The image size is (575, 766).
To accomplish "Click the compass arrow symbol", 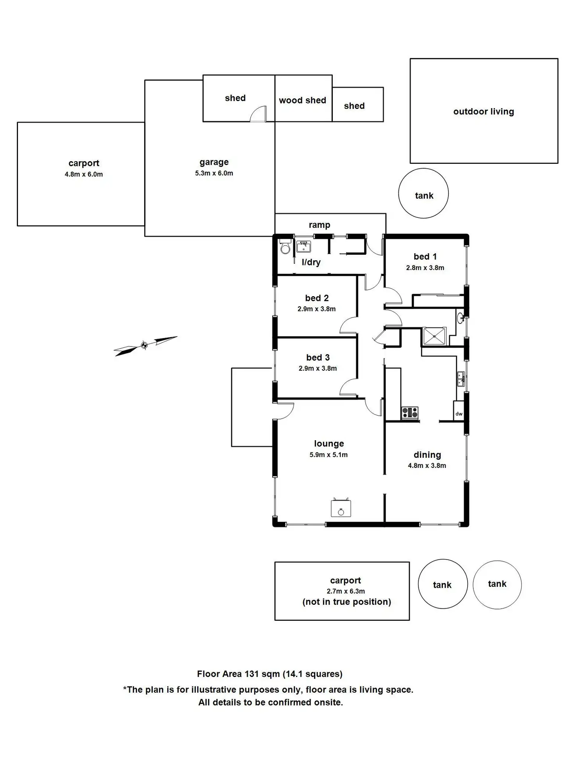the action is [x=145, y=345].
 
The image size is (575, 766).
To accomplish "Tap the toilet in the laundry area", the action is [x=286, y=247].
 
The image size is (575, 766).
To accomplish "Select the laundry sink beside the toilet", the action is [x=304, y=247].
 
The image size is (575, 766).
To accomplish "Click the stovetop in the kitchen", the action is [x=410, y=412].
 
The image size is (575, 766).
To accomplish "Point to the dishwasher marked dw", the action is [x=459, y=414].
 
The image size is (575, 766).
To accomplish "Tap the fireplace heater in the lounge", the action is [x=341, y=508].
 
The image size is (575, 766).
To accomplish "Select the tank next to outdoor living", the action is [x=423, y=194].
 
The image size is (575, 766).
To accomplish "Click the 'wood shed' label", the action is [x=302, y=100].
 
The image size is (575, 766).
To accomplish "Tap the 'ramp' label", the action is [x=319, y=225].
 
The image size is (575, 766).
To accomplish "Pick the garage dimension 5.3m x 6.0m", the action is [x=214, y=173].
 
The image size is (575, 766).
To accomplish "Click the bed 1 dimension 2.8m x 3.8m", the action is [x=425, y=268].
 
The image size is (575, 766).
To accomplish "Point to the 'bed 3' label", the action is [x=318, y=357].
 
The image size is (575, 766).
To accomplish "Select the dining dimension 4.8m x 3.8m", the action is [x=427, y=466].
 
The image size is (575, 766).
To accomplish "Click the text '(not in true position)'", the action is [x=346, y=602].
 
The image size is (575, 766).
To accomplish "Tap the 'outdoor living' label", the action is [x=484, y=112].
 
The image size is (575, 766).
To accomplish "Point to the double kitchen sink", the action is [x=461, y=379].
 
